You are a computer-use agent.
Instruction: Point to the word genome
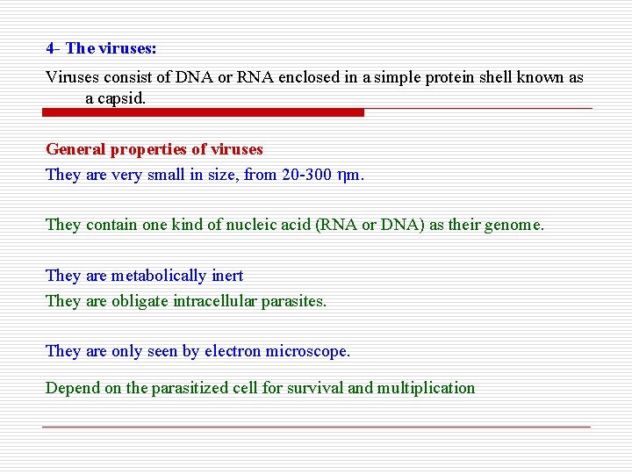(x=516, y=225)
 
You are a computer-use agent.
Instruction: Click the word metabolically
(x=160, y=276)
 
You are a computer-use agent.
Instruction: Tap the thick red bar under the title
(x=204, y=112)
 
